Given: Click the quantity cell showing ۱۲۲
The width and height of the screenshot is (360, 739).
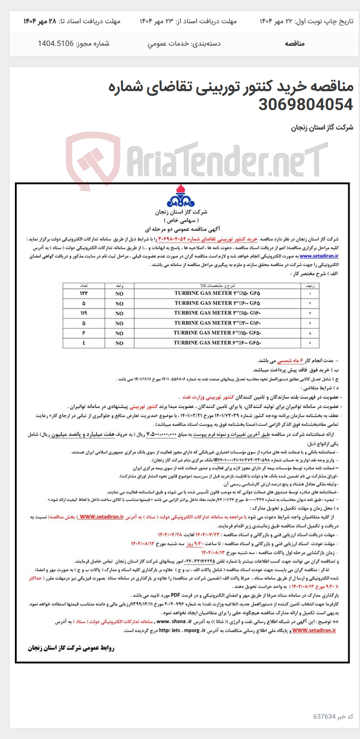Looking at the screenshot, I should pos(84,293).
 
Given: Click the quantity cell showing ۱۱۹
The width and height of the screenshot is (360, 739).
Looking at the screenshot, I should pos(84,313).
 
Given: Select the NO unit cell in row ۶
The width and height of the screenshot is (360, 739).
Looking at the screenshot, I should pos(119,343).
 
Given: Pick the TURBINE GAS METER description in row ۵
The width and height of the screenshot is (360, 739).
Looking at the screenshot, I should pos(217,333).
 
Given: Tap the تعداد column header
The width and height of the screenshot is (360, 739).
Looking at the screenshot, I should pos(84,286).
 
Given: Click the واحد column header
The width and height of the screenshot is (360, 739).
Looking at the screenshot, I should pos(119,286).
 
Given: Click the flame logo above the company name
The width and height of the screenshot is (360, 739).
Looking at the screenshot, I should pos(180,196).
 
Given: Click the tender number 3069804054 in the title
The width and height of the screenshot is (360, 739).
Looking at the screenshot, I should pos(306,104).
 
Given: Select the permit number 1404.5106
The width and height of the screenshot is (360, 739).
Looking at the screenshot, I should pos(56,43).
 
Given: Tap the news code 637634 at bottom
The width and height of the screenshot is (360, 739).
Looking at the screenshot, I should pos(324,716).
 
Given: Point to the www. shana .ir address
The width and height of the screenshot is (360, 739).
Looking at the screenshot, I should pos(174,621).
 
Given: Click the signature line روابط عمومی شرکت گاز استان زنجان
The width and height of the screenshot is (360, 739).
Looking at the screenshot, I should pos(71,648).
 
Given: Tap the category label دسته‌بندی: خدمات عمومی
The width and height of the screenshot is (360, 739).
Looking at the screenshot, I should pos(184,43).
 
